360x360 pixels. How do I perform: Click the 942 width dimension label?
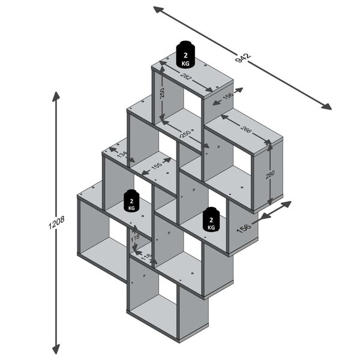(242, 58)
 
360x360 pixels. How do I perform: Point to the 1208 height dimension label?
(58, 223)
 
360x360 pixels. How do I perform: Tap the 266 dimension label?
(245, 128)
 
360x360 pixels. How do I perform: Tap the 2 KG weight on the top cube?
(185, 55)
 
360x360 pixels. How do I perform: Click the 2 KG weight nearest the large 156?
(211, 220)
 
